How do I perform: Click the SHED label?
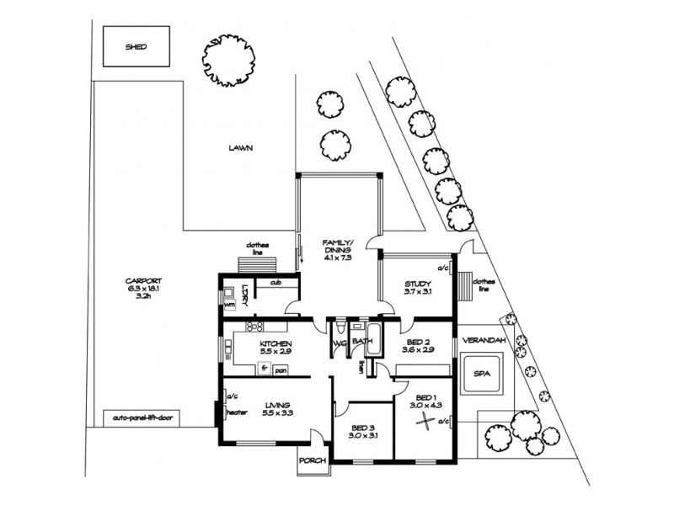(x=136, y=47)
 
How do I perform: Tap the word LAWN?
(x=240, y=147)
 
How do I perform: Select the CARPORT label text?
(x=144, y=281)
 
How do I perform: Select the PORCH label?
(x=312, y=460)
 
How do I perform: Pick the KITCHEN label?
(x=275, y=345)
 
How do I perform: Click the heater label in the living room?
(x=235, y=412)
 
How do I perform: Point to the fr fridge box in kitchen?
(x=264, y=369)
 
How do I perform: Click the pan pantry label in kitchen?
(x=281, y=369)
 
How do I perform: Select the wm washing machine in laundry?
(x=228, y=305)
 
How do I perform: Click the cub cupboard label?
(x=275, y=283)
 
